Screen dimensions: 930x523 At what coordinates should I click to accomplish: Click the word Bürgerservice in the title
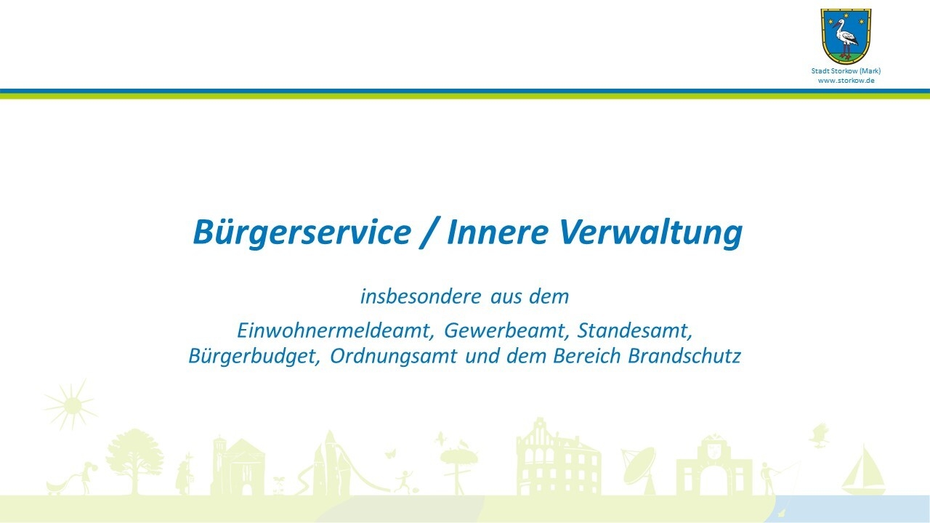tap(302, 232)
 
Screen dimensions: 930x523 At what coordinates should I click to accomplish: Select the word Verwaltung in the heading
tap(650, 232)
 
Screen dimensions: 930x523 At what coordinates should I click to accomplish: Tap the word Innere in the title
tap(498, 232)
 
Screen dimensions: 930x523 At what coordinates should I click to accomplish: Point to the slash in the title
tap(429, 233)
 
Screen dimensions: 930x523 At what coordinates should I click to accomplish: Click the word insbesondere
tap(421, 296)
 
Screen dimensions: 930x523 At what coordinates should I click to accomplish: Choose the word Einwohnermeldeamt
tap(336, 331)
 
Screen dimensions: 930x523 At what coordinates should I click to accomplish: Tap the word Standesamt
tap(635, 331)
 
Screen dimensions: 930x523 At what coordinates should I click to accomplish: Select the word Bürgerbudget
tap(254, 357)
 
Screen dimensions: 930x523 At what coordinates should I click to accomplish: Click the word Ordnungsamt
tap(394, 357)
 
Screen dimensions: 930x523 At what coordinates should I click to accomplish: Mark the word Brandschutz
tap(684, 356)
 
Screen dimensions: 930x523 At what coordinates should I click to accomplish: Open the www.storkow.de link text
tap(846, 81)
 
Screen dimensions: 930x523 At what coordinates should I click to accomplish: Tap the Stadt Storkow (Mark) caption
tap(846, 71)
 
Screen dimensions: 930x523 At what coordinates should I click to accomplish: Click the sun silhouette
tap(71, 405)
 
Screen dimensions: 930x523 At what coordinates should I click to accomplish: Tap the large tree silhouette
tap(134, 461)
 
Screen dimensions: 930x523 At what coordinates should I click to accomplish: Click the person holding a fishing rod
tap(769, 478)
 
